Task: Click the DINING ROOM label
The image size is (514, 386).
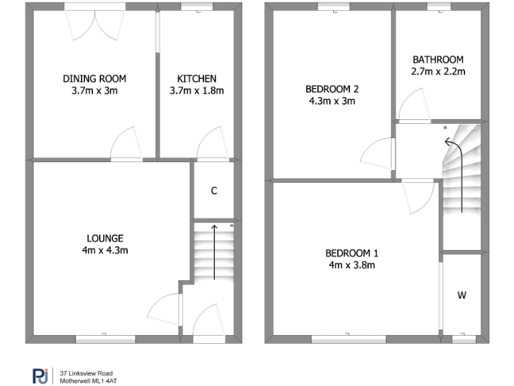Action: click(94, 78)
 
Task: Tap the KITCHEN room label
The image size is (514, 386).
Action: click(197, 78)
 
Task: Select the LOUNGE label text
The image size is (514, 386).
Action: click(105, 238)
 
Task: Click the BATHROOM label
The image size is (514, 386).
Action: click(438, 59)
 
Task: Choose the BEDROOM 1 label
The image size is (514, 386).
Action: click(352, 253)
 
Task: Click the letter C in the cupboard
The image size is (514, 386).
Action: click(214, 191)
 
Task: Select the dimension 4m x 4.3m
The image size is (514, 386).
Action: click(105, 251)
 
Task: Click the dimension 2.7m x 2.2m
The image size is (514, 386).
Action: click(438, 71)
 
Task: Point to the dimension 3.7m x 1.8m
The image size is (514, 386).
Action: click(197, 91)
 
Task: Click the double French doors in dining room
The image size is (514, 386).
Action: click(95, 23)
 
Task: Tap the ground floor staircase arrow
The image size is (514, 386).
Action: click(214, 251)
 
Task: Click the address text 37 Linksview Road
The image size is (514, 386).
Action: click(86, 373)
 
